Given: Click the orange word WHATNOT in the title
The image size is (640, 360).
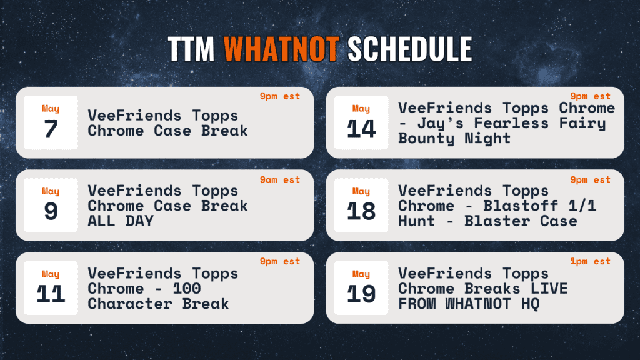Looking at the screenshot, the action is (281, 49).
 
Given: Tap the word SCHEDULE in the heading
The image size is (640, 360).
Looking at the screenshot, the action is (410, 49).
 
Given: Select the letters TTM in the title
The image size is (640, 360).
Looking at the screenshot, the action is (191, 49).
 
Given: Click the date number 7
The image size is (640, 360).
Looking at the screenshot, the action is (51, 129).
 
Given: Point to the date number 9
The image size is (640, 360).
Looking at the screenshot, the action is (51, 211).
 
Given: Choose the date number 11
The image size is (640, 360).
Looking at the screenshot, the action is (51, 294).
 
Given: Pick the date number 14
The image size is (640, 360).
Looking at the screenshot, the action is (361, 129).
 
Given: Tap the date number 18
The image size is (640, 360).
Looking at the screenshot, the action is (361, 211).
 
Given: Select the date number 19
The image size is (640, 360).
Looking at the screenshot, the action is (361, 294).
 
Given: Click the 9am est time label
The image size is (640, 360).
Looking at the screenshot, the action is (280, 179).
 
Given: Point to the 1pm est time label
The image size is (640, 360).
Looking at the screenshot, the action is (590, 261).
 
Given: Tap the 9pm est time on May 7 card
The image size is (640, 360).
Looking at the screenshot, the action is (280, 96).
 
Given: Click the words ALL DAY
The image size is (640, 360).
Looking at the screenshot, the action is (121, 221).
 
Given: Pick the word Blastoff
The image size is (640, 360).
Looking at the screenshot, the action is (521, 206).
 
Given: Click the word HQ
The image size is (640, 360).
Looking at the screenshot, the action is (530, 304).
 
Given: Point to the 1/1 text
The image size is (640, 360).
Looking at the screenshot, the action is (582, 206).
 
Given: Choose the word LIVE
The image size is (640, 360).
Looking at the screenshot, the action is (549, 289).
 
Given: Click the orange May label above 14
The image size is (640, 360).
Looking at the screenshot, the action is (361, 109).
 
